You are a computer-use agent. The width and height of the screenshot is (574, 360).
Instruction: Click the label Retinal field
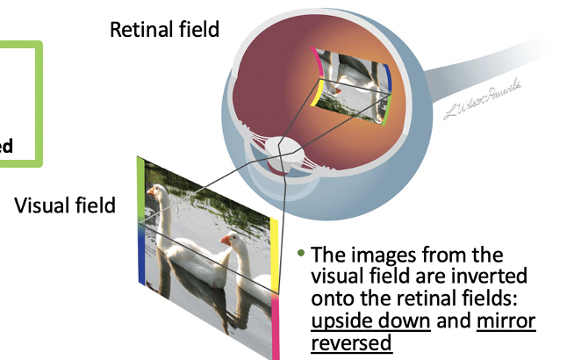164,30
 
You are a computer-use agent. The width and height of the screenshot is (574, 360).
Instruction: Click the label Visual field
65,205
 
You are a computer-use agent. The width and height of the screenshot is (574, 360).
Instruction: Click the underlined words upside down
370,320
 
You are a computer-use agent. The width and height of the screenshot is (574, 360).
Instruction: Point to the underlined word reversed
351,342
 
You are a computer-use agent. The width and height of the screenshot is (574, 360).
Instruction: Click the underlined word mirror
506,320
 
